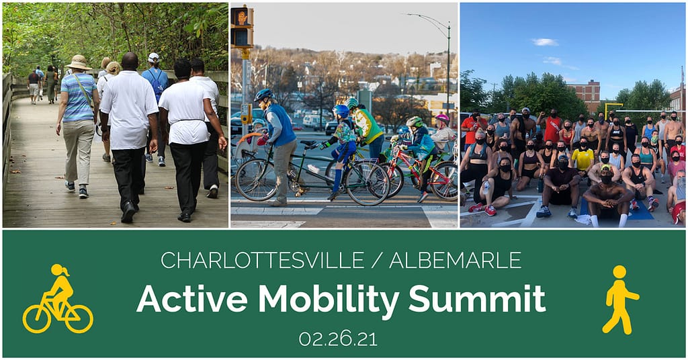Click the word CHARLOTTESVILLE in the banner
pyautogui.click(x=263, y=260)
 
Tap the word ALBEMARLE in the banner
pyautogui.click(x=455, y=260)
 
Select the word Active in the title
pyautogui.click(x=192, y=299)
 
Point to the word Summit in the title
pyautogui.click(x=477, y=298)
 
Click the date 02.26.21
pyautogui.click(x=338, y=339)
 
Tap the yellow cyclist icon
pyautogui.click(x=58, y=299)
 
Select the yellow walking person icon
pyautogui.click(x=620, y=300)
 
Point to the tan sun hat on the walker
pyautogui.click(x=79, y=62)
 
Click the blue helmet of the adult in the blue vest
pyautogui.click(x=263, y=94)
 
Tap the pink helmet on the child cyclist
pyautogui.click(x=442, y=118)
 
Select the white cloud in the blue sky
pyautogui.click(x=545, y=42)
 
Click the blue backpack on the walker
pyautogui.click(x=156, y=83)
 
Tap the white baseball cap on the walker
pyautogui.click(x=154, y=58)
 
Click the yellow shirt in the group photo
pyautogui.click(x=583, y=159)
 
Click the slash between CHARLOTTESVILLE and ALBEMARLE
pyautogui.click(x=377, y=261)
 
